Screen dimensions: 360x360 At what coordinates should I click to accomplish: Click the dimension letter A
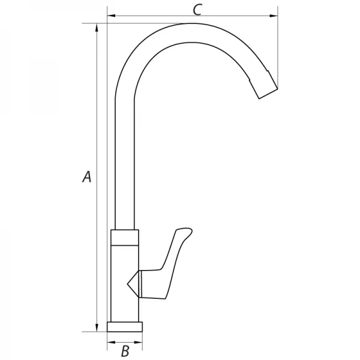[x=87, y=176]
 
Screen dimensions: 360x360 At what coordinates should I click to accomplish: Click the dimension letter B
[x=125, y=350]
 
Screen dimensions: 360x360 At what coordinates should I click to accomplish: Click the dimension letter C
[x=197, y=10]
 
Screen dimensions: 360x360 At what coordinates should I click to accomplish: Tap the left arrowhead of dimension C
[x=112, y=16]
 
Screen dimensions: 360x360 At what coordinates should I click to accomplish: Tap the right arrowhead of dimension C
[x=274, y=16]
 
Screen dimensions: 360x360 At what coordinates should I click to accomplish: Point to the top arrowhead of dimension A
[x=97, y=28]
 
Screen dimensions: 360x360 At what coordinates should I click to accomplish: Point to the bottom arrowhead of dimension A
[x=97, y=328]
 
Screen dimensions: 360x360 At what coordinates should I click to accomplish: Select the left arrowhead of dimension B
[x=112, y=343]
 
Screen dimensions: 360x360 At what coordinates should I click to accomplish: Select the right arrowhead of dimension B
[x=138, y=343]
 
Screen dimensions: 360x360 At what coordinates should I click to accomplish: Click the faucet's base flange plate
[x=125, y=327]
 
